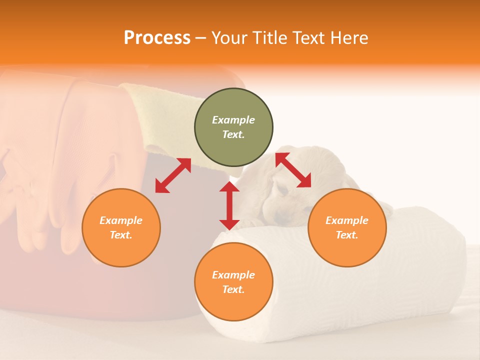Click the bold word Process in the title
pos(157,38)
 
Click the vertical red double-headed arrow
pos(229,205)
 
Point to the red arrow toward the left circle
pos(173,175)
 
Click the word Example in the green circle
pos(233,120)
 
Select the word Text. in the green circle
pos(233,134)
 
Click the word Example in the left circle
pos(121,220)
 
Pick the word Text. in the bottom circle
pos(233,289)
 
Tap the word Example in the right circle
pos(347,220)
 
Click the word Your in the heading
pos(228,38)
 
